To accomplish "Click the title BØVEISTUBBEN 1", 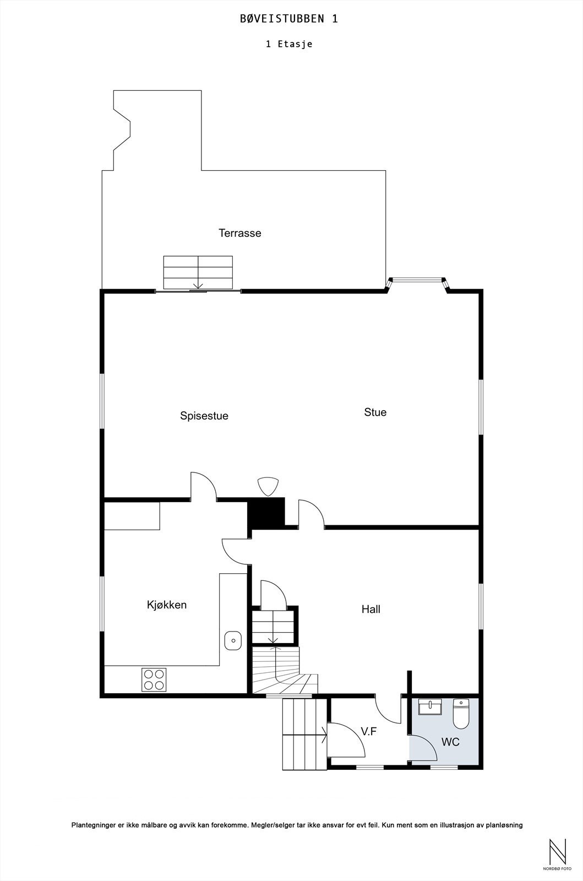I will (289, 19).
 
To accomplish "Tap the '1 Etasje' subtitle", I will (289, 44).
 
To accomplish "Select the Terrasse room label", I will (239, 233).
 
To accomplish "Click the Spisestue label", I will (204, 416).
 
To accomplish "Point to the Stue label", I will (375, 412).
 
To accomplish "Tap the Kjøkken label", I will (167, 605).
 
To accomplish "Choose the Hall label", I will (370, 609).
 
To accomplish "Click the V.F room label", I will (368, 731).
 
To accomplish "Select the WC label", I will (450, 742).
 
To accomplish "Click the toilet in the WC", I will (460, 714).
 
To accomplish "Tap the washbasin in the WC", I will (429, 707).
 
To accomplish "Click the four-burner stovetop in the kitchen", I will (154, 679).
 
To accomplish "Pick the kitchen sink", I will (233, 640).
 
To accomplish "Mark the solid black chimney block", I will (266, 513).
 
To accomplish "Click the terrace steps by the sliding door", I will (198, 272).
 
